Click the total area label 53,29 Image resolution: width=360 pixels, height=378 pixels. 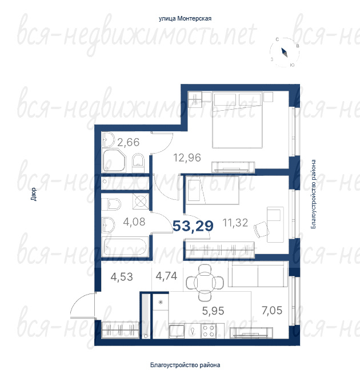pyautogui.click(x=193, y=226)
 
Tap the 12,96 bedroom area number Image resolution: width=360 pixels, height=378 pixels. pyautogui.click(x=187, y=158)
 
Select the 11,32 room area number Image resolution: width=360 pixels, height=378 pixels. pyautogui.click(x=235, y=223)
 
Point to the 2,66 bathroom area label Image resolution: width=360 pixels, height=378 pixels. pyautogui.click(x=129, y=142)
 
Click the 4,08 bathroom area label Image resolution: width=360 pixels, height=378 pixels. pyautogui.click(x=134, y=222)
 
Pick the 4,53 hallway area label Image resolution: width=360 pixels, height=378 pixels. pyautogui.click(x=122, y=277)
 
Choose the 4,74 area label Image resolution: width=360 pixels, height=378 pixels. pyautogui.click(x=166, y=276)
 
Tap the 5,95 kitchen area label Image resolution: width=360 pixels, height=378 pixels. pyautogui.click(x=213, y=311)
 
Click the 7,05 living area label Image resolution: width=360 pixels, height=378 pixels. pyautogui.click(x=272, y=310)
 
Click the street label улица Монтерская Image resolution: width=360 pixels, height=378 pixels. pyautogui.click(x=185, y=19)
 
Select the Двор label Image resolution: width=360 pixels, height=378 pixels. pyautogui.click(x=34, y=194)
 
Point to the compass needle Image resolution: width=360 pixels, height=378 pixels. pyautogui.click(x=285, y=53)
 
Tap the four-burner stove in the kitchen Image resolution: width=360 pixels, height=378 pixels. pyautogui.click(x=209, y=331)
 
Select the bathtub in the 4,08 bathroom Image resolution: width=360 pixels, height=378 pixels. pyautogui.click(x=125, y=246)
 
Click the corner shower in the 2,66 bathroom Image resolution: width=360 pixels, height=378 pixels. pyautogui.click(x=114, y=160)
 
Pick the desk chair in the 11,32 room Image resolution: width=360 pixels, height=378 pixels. pyautogui.click(x=262, y=230)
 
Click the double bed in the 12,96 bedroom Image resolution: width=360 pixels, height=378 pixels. pyautogui.click(x=237, y=120)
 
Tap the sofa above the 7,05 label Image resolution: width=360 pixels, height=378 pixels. pyautogui.click(x=258, y=275)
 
